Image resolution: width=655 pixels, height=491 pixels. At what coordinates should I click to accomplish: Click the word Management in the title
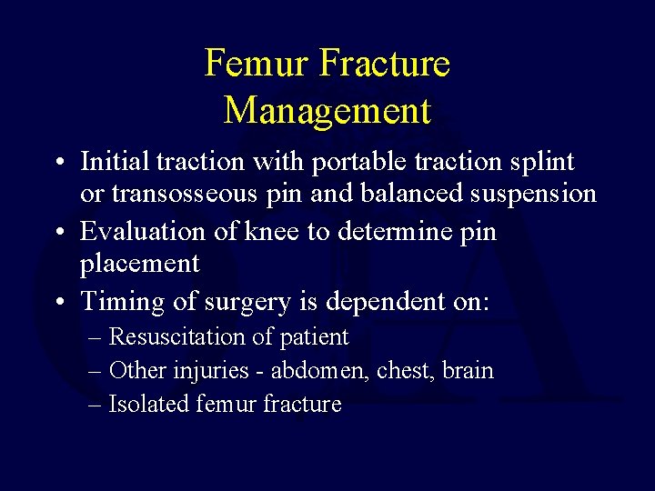pyautogui.click(x=327, y=111)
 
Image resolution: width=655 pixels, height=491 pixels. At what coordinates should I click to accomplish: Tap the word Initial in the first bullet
pyautogui.click(x=115, y=162)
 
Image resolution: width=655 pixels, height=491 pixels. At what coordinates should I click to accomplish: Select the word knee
pyautogui.click(x=272, y=232)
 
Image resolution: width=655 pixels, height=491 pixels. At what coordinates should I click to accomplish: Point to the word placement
pyautogui.click(x=139, y=265)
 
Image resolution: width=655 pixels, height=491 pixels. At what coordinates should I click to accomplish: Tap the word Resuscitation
pyautogui.click(x=174, y=337)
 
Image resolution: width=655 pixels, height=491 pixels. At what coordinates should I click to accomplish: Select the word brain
pyautogui.click(x=469, y=371)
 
